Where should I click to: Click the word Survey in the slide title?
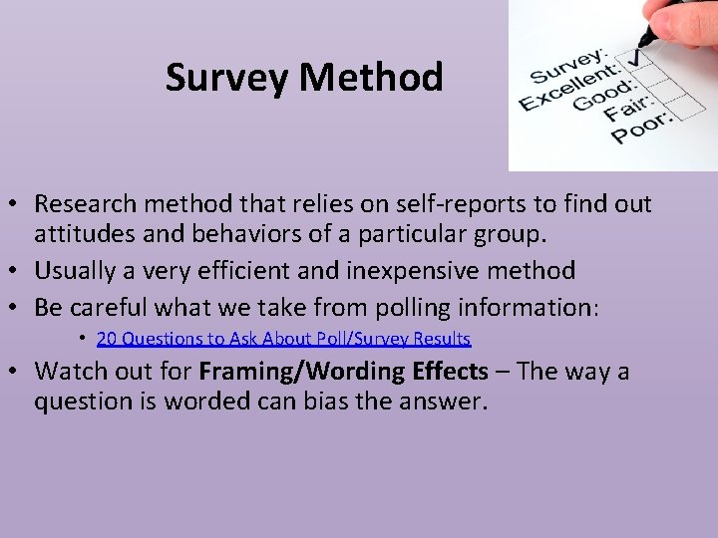226,77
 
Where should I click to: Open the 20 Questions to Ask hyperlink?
283,339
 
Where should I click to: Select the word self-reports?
420,204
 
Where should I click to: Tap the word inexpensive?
411,270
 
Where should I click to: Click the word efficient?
249,270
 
